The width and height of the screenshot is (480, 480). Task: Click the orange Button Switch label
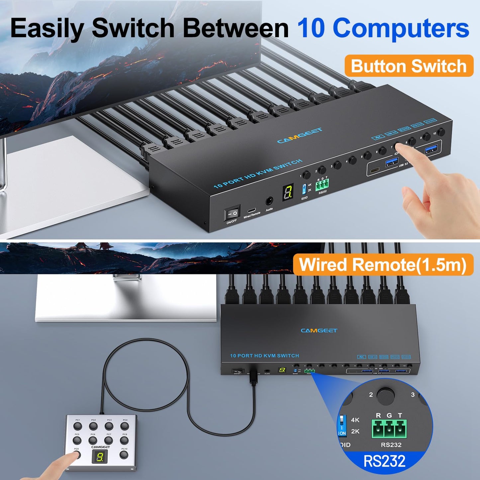point(409,66)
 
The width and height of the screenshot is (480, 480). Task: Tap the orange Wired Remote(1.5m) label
point(383,265)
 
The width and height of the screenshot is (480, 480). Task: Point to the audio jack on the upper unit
point(269,201)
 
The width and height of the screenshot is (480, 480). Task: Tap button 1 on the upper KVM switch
point(307,175)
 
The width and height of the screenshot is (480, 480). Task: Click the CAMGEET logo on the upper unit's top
point(300,136)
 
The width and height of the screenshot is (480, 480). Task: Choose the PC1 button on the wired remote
point(78,426)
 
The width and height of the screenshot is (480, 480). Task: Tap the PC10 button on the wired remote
point(124,455)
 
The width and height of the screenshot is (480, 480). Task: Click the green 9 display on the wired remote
point(99,457)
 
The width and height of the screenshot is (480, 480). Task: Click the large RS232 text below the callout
point(384,461)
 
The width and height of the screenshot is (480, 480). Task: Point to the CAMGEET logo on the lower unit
point(319,331)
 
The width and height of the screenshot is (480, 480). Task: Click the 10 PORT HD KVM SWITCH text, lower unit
point(264,356)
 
